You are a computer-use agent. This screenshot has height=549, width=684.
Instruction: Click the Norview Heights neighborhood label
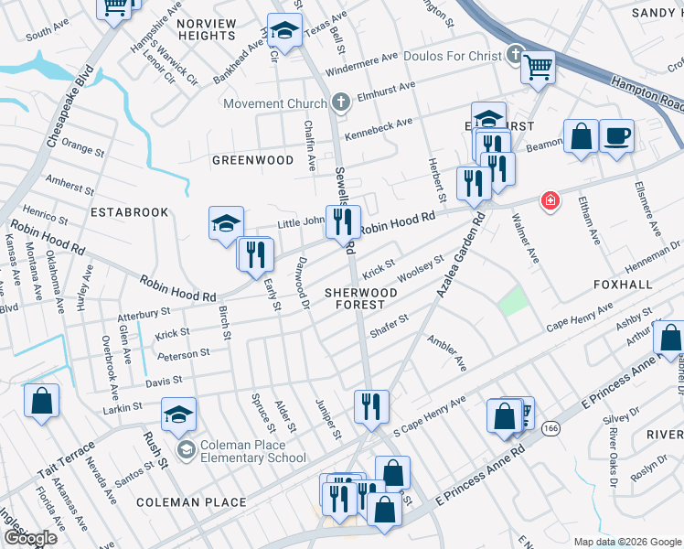(207, 27)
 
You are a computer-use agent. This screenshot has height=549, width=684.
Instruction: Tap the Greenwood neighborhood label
(252, 160)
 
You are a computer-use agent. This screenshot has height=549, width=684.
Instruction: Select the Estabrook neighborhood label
(129, 212)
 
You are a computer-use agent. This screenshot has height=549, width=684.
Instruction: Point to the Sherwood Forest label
(361, 299)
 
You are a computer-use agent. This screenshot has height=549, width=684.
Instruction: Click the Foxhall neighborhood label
(623, 285)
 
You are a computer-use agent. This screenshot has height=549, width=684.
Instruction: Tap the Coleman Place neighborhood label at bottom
(191, 502)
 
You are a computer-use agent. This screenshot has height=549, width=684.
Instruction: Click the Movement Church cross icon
(341, 102)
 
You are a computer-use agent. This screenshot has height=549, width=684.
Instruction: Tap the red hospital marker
(550, 199)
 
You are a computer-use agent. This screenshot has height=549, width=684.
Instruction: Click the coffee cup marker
(616, 136)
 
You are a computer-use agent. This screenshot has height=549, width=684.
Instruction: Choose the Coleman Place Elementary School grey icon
(187, 448)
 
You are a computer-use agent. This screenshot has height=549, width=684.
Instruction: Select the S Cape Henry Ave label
(430, 416)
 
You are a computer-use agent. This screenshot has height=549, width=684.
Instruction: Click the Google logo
(30, 538)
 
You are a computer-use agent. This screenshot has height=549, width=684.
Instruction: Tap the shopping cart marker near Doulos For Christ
(538, 66)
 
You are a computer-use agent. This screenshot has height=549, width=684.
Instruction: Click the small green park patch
(514, 299)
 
